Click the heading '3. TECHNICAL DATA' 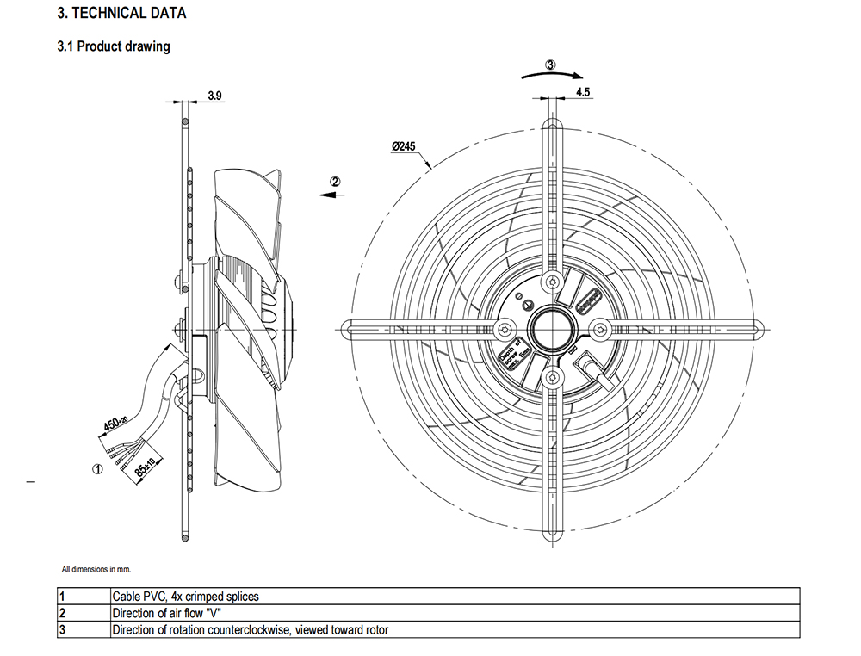[121, 14]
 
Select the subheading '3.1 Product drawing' [113, 46]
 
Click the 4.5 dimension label [582, 91]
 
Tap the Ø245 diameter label [403, 147]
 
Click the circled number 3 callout [551, 64]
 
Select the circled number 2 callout [336, 182]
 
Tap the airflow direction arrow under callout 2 [331, 195]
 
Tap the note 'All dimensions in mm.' [96, 569]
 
